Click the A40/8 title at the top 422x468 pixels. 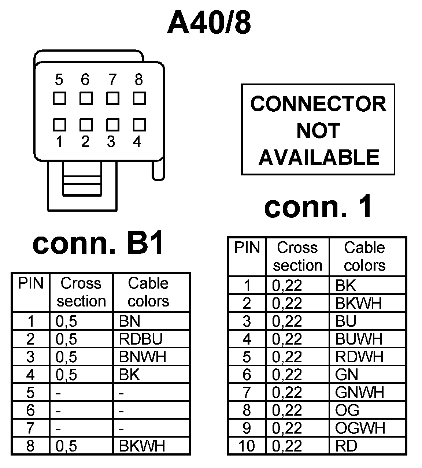coord(209,23)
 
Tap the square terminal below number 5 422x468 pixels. coord(59,98)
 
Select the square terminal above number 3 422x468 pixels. coord(112,125)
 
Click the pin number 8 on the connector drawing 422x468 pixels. coord(138,79)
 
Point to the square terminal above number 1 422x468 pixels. coord(59,125)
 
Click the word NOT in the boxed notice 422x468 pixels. coord(318,131)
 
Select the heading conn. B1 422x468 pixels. coord(98,244)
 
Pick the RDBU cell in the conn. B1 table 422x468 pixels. coord(141,339)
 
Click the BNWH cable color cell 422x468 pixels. coord(142,357)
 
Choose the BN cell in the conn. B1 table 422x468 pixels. coord(130,321)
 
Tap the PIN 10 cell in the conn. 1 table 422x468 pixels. coord(247,446)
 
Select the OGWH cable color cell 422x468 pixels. coord(360,428)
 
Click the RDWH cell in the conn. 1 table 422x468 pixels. coord(359,357)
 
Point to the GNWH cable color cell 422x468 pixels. coord(359,393)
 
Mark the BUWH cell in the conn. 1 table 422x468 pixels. coord(359,339)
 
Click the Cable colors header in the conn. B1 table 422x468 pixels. coord(148,292)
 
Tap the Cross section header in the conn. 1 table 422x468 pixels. coord(297,256)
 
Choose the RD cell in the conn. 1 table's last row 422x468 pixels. coord(346,446)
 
